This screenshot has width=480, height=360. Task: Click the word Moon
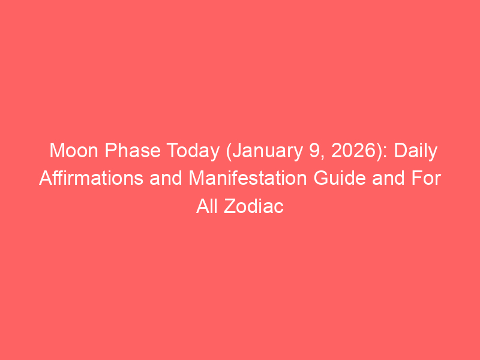[73, 151]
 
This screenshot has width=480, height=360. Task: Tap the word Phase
[133, 151]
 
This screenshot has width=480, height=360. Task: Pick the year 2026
[351, 151]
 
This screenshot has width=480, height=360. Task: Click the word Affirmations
[91, 178]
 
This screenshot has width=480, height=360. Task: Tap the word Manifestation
[248, 178]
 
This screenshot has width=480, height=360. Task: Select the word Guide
[340, 178]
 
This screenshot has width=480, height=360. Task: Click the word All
[206, 206]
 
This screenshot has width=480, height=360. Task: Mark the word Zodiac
[254, 206]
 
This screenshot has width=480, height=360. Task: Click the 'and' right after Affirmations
[166, 178]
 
